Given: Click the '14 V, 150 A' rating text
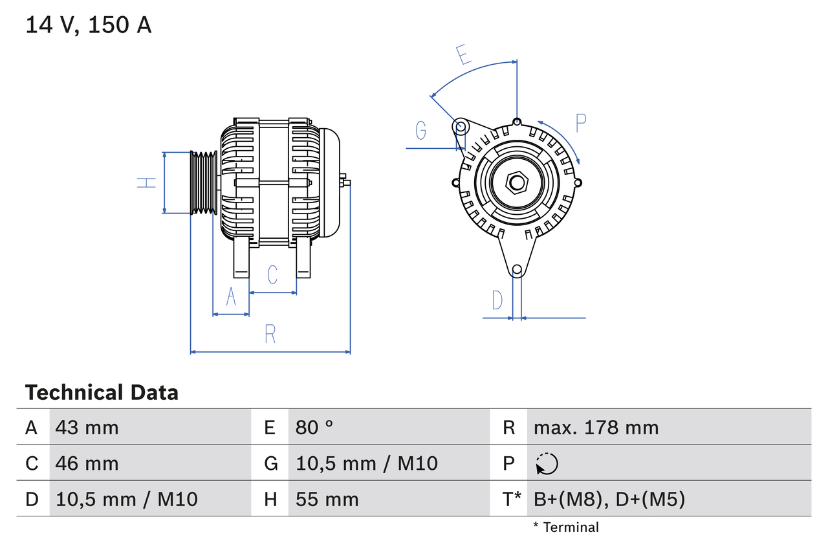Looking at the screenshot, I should (x=89, y=25).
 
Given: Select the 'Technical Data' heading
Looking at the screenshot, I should (x=102, y=392).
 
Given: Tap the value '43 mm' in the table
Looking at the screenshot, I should (x=87, y=427).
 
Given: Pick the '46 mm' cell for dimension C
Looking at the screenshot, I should (x=87, y=463).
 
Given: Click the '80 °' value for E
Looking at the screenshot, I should (x=314, y=427).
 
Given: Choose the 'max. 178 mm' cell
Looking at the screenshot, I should (x=596, y=427).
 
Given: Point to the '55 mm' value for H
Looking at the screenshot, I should (x=327, y=499).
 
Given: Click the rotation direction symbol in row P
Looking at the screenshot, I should (x=547, y=463).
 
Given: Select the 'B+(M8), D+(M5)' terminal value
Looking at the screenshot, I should (x=609, y=499).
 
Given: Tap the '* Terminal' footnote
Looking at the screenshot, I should (x=566, y=527).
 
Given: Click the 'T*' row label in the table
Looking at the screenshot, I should (x=512, y=499).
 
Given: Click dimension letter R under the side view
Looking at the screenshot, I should (x=270, y=334).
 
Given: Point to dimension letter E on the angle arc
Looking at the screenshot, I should (x=463, y=54).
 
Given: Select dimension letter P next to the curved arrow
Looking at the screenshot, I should (x=580, y=122).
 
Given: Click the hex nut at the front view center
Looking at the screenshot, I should (x=516, y=182).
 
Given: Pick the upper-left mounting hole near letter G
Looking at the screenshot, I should (x=460, y=126).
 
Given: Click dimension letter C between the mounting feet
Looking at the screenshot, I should (x=272, y=274).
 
